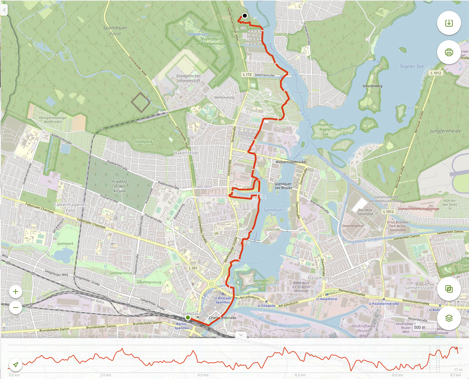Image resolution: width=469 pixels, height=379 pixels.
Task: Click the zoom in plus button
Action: [16, 292]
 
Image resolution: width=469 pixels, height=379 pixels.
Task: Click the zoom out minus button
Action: [16, 308]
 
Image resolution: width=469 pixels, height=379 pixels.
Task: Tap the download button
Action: [449, 23]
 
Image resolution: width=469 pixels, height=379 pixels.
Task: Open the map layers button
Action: [449, 318]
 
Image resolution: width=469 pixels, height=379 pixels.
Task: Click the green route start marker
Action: [188, 317]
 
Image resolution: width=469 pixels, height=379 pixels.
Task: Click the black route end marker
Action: [245, 16]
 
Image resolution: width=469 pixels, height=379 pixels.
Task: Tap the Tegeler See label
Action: [412, 66]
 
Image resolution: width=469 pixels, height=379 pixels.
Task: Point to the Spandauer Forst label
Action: [115, 31]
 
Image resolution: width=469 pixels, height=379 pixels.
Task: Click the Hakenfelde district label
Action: [186, 153]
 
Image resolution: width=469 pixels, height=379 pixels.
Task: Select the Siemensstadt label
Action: [419, 288]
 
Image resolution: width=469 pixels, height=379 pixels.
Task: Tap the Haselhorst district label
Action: [319, 278]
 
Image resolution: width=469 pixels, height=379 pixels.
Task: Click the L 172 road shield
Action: [247, 75]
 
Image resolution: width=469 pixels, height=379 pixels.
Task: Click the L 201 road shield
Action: [193, 268]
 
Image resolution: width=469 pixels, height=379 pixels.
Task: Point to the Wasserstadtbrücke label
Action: [290, 162]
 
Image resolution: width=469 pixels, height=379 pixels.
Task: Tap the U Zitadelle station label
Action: [266, 306]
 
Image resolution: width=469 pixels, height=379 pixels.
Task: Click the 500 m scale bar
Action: [419, 327]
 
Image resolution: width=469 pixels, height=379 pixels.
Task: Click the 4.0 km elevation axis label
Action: [203, 375]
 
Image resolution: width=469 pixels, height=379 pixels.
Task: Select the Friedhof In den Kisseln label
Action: [120, 186]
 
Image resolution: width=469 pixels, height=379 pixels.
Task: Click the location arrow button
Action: [16, 365]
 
